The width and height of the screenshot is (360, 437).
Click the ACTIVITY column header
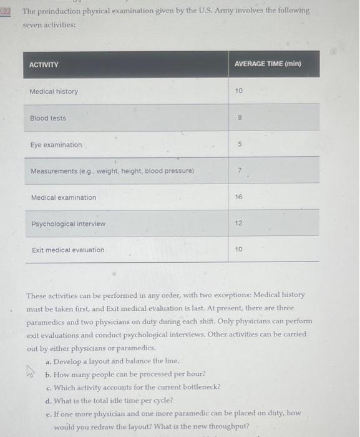44,65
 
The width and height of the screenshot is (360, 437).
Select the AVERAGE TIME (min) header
268,64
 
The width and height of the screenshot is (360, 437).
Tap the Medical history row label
54,92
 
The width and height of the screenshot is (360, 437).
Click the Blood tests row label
48,118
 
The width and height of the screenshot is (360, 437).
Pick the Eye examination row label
56,145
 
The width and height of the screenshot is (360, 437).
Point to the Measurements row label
112,171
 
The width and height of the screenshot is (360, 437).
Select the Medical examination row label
64,197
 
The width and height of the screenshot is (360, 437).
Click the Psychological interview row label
68,223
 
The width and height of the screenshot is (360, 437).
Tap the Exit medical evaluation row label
68,250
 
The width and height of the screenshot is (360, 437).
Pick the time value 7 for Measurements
238,170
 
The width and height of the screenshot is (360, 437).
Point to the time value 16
238,196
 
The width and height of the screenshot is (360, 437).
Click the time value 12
238,223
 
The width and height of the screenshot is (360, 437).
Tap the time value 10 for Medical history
238,91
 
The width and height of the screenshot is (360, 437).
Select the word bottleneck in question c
199,387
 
